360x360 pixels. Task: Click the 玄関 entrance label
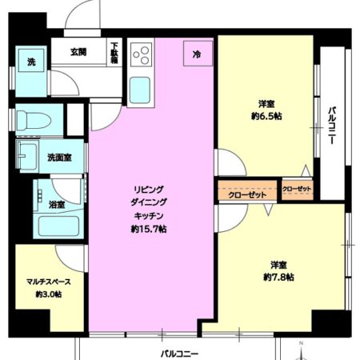click(x=78, y=52)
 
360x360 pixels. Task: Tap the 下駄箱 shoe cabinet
click(x=114, y=52)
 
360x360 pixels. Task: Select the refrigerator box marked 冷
click(x=198, y=54)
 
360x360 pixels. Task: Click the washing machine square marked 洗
click(x=31, y=61)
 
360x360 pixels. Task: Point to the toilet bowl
click(x=34, y=120)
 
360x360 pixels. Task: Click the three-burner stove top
click(x=142, y=54)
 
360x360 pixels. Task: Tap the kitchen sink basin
click(x=140, y=90)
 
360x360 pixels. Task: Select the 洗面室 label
click(x=59, y=158)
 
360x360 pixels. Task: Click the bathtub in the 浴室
click(x=58, y=226)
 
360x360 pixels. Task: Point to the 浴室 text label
click(x=57, y=205)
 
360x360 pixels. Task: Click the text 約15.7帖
click(x=149, y=229)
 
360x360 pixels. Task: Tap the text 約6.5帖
click(x=266, y=116)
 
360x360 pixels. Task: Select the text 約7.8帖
click(x=278, y=278)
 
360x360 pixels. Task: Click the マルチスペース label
click(x=49, y=282)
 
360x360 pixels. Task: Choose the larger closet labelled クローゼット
click(x=247, y=190)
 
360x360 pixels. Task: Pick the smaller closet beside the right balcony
click(x=297, y=190)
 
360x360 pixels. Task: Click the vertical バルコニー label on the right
click(x=332, y=126)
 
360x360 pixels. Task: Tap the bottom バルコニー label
click(x=179, y=354)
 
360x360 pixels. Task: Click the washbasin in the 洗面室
click(x=27, y=157)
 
